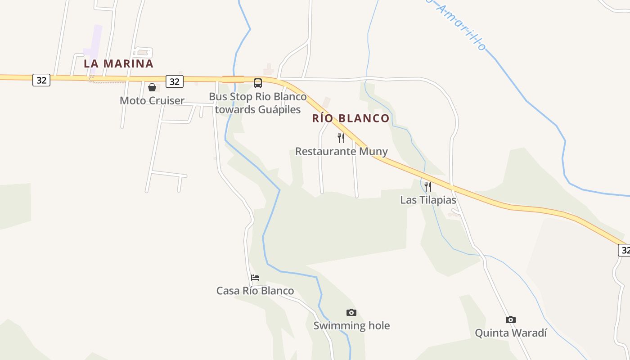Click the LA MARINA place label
tap(118, 63)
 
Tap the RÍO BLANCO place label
tap(351, 118)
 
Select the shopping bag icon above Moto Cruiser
tap(152, 87)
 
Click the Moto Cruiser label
tap(152, 100)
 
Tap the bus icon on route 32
tap(257, 83)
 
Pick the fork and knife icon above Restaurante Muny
tap(341, 138)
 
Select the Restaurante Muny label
tap(341, 151)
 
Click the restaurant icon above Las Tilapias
tap(428, 186)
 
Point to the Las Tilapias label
tap(428, 200)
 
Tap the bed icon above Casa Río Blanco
tap(255, 278)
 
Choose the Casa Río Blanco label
tap(255, 291)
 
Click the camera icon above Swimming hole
tap(351, 312)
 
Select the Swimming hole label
tap(351, 325)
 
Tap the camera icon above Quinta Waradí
tap(511, 319)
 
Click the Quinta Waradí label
tap(511, 333)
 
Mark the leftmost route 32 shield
tap(41, 80)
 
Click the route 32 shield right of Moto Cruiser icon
tap(175, 81)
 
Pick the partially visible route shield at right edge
tap(624, 250)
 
